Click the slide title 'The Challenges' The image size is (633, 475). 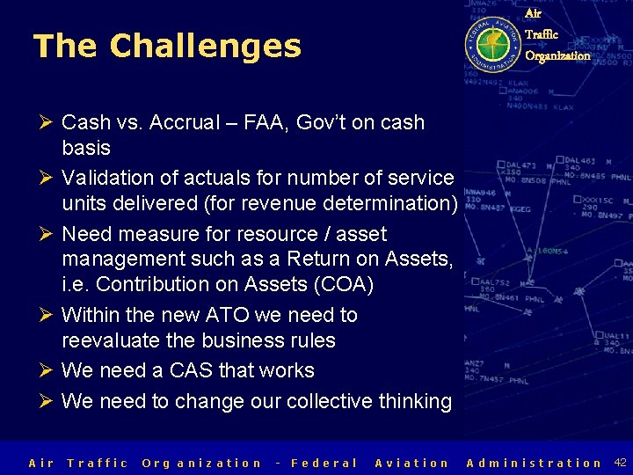[x=167, y=47]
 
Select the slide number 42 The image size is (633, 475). [x=620, y=462]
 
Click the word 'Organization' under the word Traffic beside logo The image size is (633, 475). [x=557, y=55]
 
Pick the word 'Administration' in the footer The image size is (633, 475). [x=534, y=463]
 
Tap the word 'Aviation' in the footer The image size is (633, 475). [x=411, y=463]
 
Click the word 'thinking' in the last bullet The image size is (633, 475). [x=415, y=401]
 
